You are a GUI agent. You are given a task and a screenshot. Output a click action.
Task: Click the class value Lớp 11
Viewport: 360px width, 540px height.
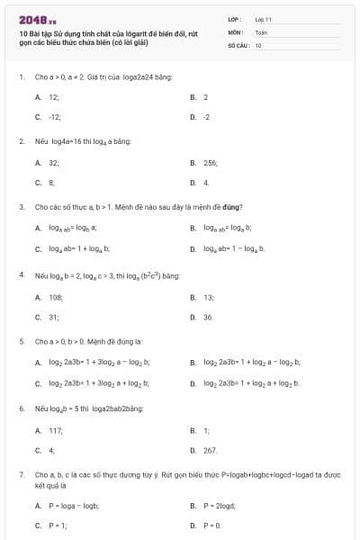pos(263,19)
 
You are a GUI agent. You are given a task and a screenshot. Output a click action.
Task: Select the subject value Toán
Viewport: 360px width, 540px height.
pos(262,31)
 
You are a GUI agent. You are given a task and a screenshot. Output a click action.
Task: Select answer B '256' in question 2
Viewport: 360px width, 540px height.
pos(211,163)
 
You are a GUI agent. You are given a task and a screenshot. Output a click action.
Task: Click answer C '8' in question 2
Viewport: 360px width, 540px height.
pos(52,183)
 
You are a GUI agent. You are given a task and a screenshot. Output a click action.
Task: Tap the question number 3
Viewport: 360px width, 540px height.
pos(21,206)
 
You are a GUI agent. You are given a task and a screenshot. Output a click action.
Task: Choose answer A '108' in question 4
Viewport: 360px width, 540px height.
pos(55,296)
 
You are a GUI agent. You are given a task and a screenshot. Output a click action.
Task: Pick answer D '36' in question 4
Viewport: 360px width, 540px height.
pos(208,317)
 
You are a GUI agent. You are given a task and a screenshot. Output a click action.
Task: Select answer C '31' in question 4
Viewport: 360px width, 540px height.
pos(53,317)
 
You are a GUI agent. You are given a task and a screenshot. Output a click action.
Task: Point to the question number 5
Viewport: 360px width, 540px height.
pos(21,341)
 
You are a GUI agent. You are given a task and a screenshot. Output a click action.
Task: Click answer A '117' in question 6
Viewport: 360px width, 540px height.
pos(55,431)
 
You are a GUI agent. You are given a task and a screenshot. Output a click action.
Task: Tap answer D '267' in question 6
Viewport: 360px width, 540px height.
pos(210,450)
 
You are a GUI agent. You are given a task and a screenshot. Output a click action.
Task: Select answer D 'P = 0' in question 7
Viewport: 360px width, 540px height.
pos(212,525)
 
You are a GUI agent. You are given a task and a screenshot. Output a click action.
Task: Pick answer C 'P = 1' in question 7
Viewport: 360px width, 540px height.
pos(57,525)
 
